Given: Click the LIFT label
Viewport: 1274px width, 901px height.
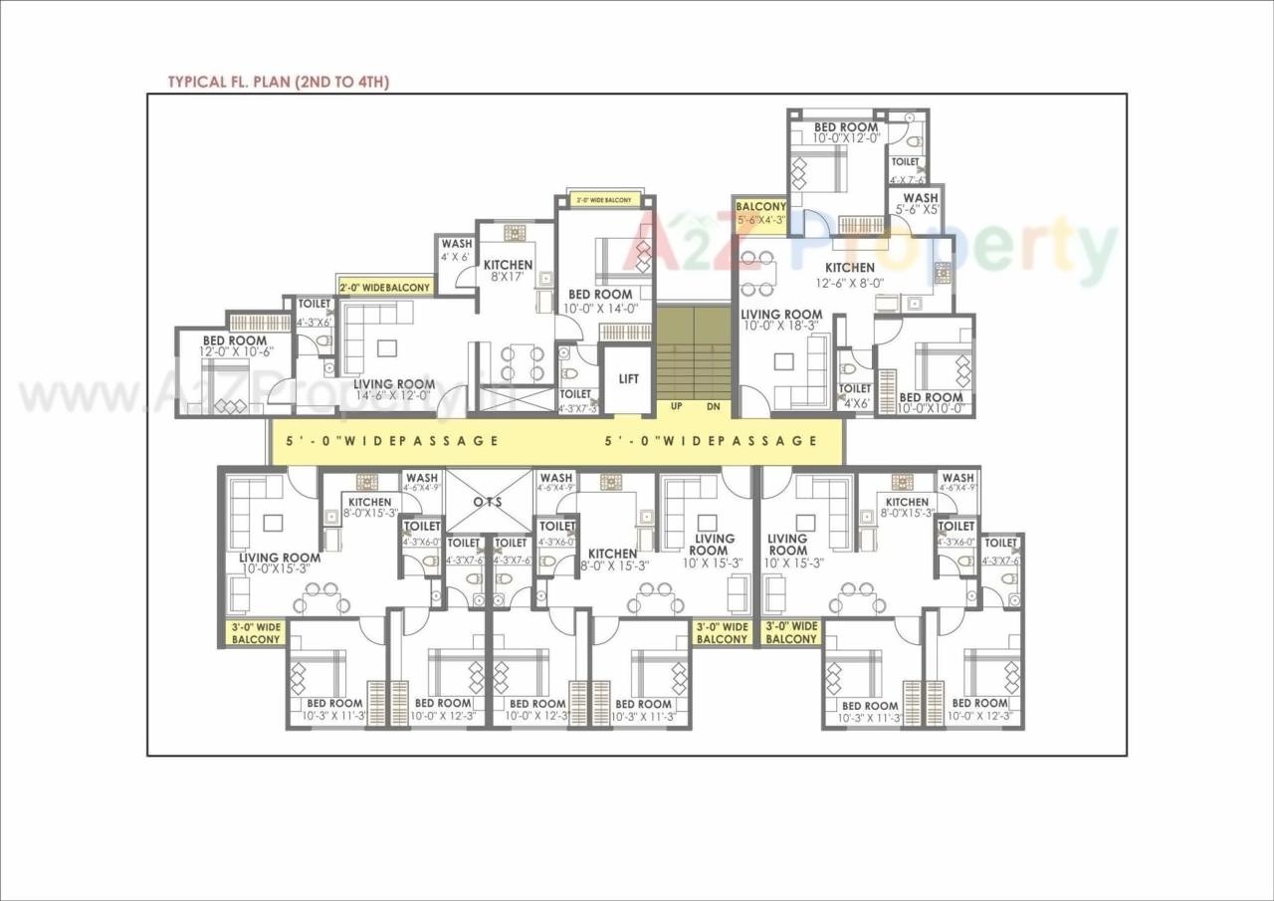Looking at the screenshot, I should pyautogui.click(x=629, y=379).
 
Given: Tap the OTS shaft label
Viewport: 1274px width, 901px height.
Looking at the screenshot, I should pyautogui.click(x=488, y=501).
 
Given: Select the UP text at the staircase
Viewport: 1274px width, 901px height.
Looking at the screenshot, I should pyautogui.click(x=676, y=406).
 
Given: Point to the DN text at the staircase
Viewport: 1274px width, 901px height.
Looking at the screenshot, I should pyautogui.click(x=713, y=406).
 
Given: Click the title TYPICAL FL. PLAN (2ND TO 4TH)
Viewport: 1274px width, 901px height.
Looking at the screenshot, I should pyautogui.click(x=278, y=82).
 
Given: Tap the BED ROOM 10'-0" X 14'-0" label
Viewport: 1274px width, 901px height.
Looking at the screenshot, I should pyautogui.click(x=599, y=302).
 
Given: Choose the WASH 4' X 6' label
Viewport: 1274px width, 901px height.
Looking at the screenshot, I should pyautogui.click(x=456, y=250).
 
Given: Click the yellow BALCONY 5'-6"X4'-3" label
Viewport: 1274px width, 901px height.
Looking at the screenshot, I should pyautogui.click(x=760, y=213).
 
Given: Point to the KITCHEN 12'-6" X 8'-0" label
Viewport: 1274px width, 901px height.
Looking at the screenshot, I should pyautogui.click(x=849, y=274).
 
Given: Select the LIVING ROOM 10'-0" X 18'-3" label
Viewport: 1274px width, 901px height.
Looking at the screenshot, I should pyautogui.click(x=781, y=321).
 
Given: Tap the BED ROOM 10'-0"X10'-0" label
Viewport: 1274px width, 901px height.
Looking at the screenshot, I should pyautogui.click(x=931, y=403).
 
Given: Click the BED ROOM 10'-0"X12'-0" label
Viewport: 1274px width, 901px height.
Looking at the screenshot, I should pyautogui.click(x=846, y=132).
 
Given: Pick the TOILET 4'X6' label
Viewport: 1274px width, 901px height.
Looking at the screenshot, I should pyautogui.click(x=854, y=396).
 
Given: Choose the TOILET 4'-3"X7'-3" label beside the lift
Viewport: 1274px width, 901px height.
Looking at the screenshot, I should pyautogui.click(x=576, y=401).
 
